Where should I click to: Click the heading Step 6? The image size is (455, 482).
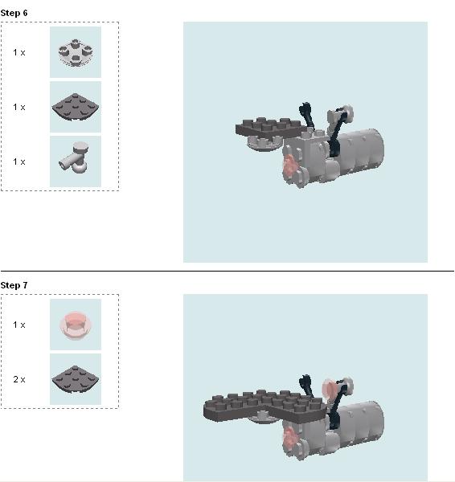point(14,13)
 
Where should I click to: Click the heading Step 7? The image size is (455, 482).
point(14,285)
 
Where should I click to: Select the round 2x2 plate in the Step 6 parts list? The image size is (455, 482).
point(76,52)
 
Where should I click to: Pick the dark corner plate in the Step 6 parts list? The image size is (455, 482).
point(76,107)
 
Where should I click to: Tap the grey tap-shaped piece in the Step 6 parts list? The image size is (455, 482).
point(75,158)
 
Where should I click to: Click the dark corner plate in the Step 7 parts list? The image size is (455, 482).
point(76,379)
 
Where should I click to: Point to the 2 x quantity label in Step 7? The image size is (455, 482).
point(19,379)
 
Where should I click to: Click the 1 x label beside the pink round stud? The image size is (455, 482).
point(19,325)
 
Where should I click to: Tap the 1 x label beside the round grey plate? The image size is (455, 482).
point(19,52)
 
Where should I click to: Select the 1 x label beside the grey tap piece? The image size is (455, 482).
point(19,161)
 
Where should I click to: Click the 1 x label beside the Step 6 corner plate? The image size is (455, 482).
point(19,107)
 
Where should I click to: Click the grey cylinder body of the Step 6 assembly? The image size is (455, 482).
point(360,152)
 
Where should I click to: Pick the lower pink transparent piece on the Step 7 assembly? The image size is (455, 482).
point(289,438)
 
